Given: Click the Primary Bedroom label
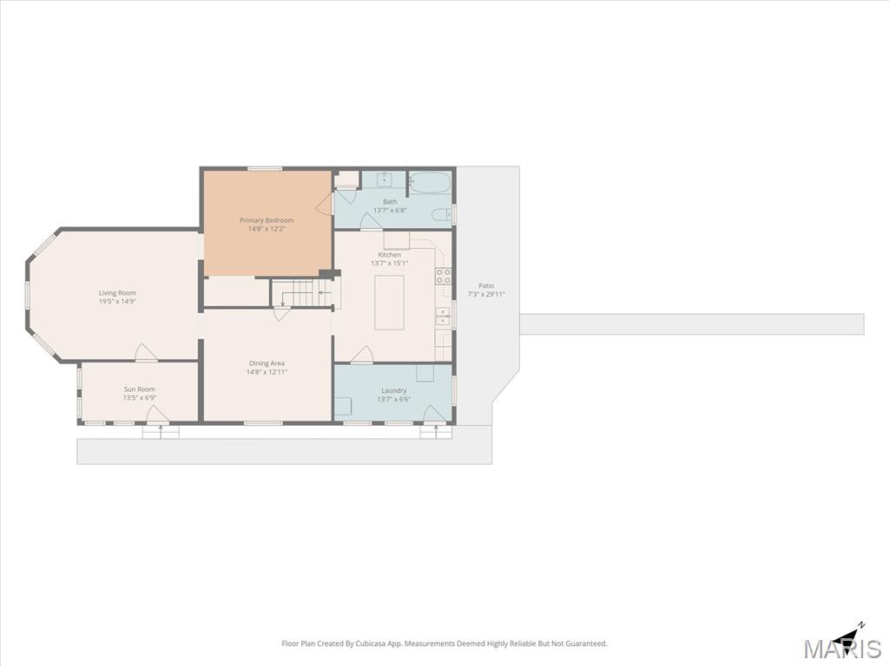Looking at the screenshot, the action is pyautogui.click(x=267, y=220).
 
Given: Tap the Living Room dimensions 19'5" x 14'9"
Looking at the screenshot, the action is pyautogui.click(x=117, y=301).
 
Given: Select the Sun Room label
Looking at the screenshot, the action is pyautogui.click(x=140, y=389).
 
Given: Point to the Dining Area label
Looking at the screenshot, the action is pyautogui.click(x=267, y=363).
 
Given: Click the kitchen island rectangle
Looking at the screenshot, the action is pyautogui.click(x=389, y=303).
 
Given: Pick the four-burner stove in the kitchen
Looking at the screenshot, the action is pyautogui.click(x=444, y=276).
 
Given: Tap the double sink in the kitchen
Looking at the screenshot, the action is pyautogui.click(x=443, y=317).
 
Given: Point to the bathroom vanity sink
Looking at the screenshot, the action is pyautogui.click(x=385, y=180).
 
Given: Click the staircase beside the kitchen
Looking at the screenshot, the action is pyautogui.click(x=300, y=293).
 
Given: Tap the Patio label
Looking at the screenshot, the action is pyautogui.click(x=486, y=286).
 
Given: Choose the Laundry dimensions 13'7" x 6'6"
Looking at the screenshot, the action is pyautogui.click(x=394, y=399).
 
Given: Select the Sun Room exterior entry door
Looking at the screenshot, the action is pyautogui.click(x=158, y=415).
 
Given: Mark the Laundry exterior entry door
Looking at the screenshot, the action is pyautogui.click(x=435, y=415).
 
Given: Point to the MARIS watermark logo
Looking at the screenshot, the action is pyautogui.click(x=842, y=648).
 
